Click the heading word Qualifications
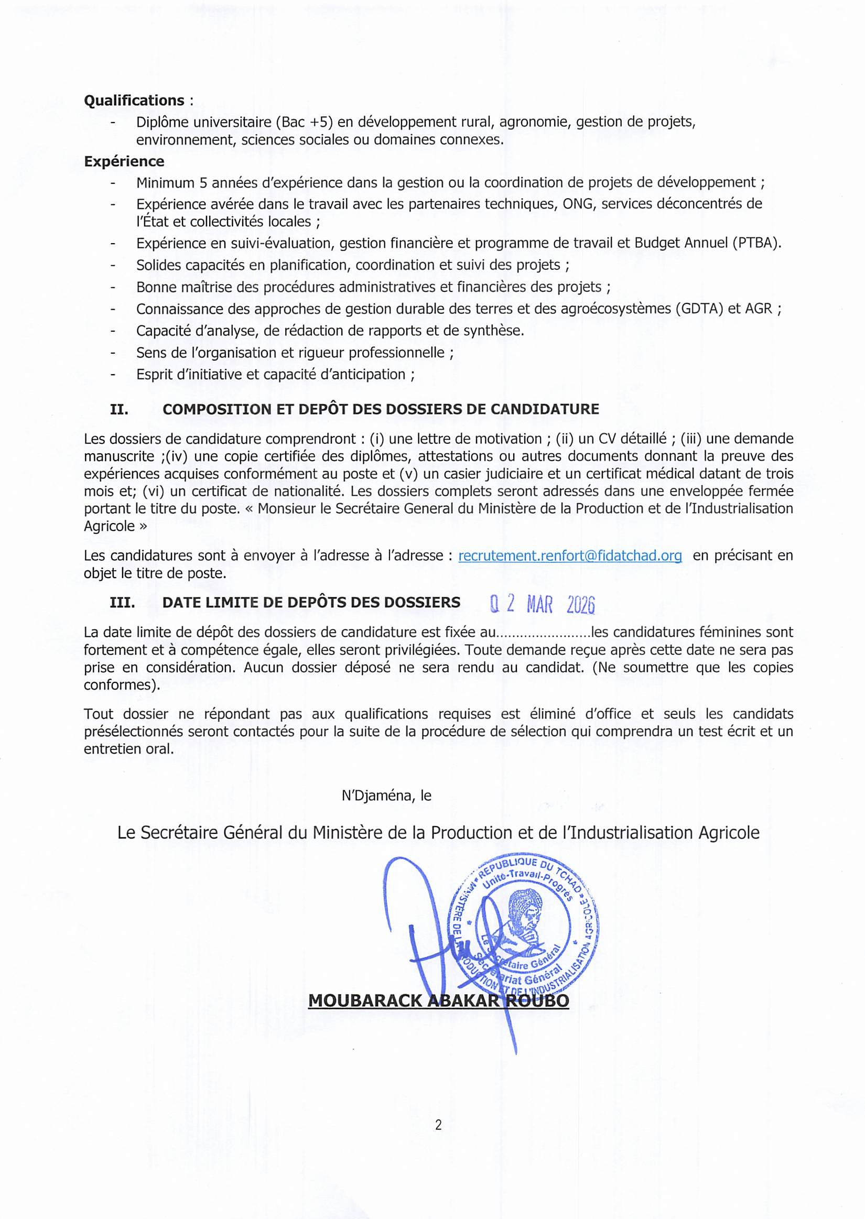tap(134, 101)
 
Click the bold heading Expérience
tap(124, 161)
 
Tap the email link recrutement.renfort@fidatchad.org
tap(570, 556)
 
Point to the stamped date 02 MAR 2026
tap(542, 604)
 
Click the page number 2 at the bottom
tap(438, 1125)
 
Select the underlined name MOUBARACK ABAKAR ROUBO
tap(438, 1001)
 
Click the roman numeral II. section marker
tap(119, 409)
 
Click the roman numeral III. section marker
tap(122, 602)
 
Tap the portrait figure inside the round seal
tap(525, 915)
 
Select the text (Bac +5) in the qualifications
tap(304, 123)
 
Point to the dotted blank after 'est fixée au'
tap(543, 633)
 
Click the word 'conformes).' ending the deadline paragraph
tap(122, 684)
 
